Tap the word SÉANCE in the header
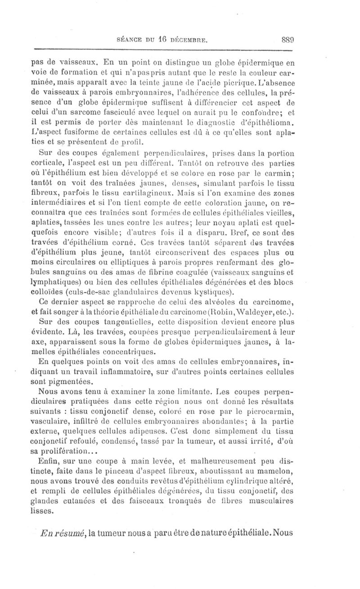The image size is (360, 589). (130, 40)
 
